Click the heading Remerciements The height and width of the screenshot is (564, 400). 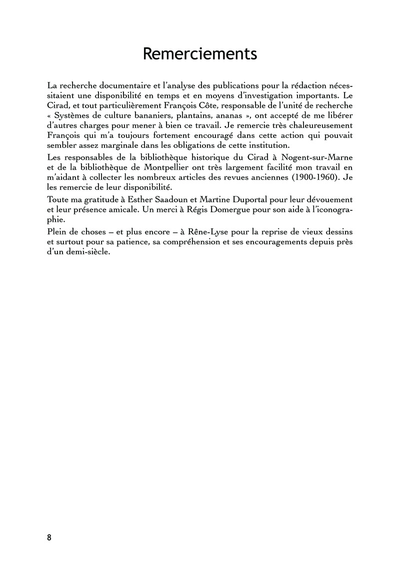point(200,53)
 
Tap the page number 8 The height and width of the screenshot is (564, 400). point(49,538)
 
